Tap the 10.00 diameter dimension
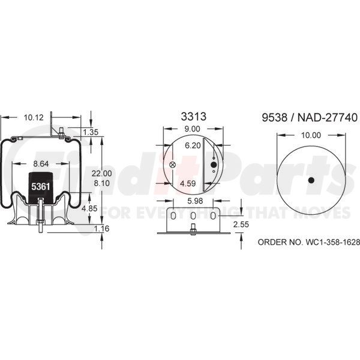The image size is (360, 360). click(x=310, y=136)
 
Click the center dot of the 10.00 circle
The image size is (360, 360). click(x=311, y=181)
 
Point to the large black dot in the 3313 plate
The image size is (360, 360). click(x=214, y=164)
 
